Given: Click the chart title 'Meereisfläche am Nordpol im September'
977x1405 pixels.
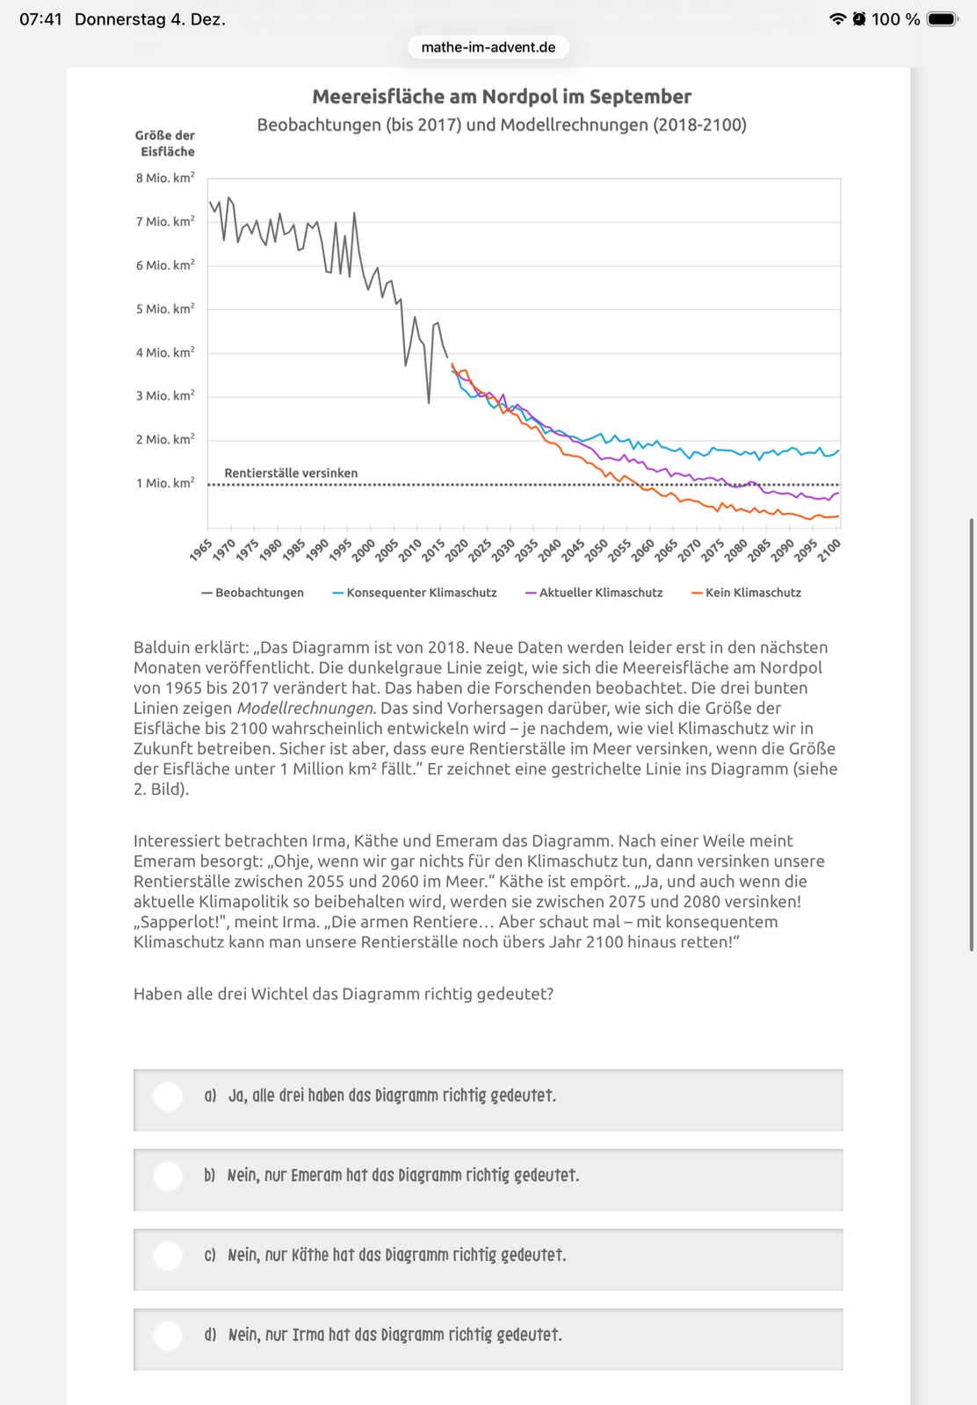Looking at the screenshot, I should click(502, 97).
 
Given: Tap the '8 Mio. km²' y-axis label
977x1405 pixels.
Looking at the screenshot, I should click(165, 178).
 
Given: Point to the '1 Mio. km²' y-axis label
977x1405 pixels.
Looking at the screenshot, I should click(165, 484).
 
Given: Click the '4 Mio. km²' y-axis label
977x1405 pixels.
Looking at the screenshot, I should click(165, 353).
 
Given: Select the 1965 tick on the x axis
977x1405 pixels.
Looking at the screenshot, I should click(201, 550).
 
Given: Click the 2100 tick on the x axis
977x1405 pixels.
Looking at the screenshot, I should click(829, 550).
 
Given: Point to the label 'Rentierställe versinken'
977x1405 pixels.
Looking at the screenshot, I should click(291, 473).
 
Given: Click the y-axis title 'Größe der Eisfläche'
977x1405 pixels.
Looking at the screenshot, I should click(165, 143).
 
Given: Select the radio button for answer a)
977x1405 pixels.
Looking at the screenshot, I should click(168, 1096).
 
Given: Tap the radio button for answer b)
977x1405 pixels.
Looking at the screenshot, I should click(168, 1176).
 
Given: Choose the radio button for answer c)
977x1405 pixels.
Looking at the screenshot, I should click(168, 1256).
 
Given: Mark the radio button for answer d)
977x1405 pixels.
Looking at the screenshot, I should click(168, 1336).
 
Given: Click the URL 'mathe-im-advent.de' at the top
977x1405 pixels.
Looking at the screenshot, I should click(488, 47).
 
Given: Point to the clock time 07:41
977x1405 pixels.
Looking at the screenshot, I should click(40, 19).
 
